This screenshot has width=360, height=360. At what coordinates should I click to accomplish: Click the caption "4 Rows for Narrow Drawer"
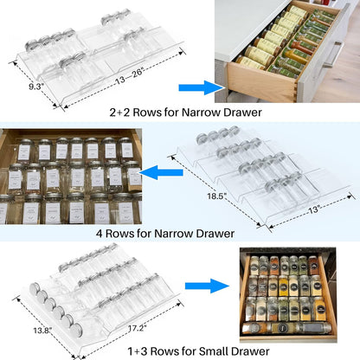[180, 231]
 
